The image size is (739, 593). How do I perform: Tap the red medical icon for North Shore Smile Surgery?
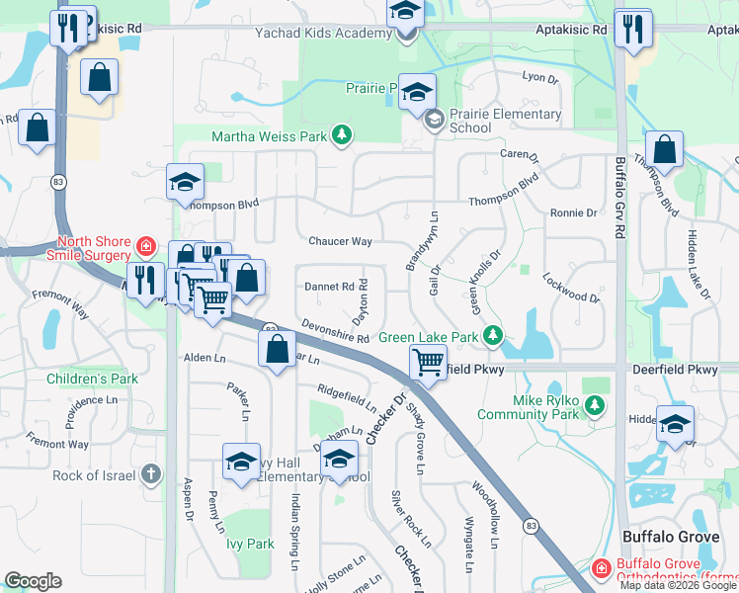tap(146, 245)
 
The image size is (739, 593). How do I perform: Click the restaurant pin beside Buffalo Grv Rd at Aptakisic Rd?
tap(632, 30)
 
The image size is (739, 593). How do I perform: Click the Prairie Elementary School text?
tap(505, 121)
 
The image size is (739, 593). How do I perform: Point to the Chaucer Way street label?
tap(340, 241)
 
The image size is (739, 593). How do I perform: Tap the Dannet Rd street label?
tap(329, 287)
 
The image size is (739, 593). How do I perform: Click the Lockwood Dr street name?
tap(571, 289)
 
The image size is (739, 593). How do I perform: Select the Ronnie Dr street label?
tap(574, 212)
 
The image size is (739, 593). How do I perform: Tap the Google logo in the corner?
tap(33, 581)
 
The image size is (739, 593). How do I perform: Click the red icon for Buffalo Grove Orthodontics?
tap(602, 569)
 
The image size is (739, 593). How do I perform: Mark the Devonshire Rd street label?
tap(335, 332)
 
